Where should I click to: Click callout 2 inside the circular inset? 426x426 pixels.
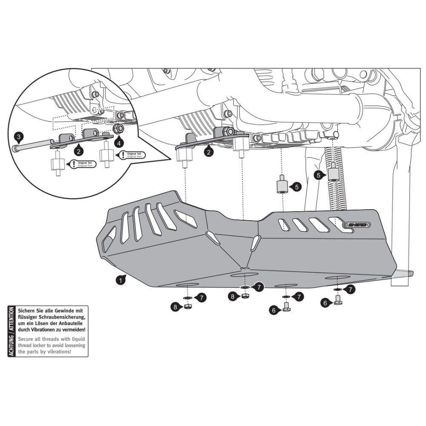point(78,150)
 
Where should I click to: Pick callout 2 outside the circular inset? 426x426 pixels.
point(208,151)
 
